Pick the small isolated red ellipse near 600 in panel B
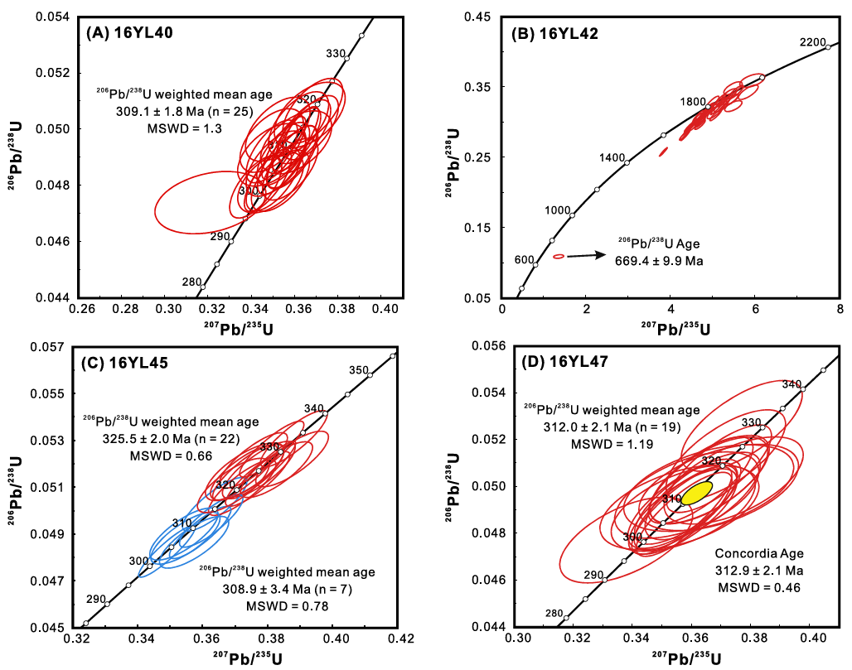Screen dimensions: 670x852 (x=559, y=257)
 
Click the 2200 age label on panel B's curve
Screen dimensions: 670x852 (x=813, y=42)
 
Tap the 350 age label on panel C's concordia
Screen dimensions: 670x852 (x=358, y=370)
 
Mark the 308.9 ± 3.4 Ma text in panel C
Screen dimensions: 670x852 (x=271, y=589)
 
